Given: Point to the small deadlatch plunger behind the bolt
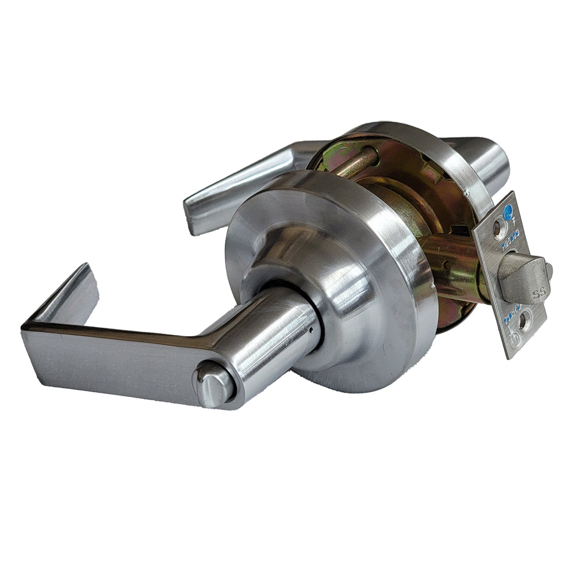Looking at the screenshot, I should click(x=549, y=270).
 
